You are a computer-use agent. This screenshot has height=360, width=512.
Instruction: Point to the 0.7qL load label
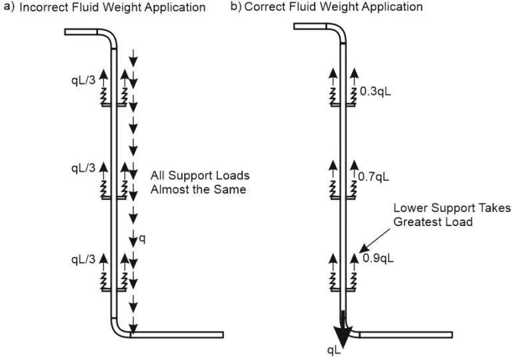(375, 179)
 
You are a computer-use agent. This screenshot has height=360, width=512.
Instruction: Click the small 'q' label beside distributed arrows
(142, 237)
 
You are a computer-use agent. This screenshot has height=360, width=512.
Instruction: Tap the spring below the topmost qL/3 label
(104, 97)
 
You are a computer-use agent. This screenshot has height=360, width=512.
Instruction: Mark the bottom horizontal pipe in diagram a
(176, 335)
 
